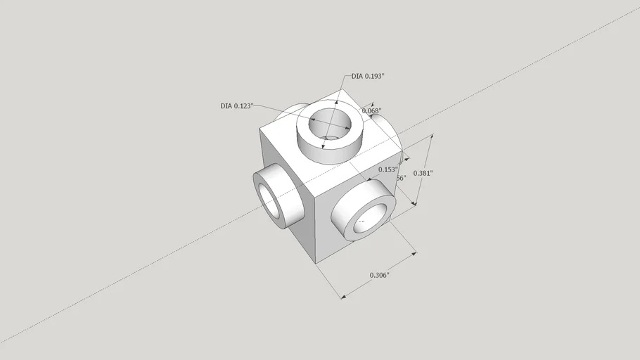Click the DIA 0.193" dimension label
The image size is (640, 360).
click(x=368, y=77)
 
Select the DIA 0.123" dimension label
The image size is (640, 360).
click(x=236, y=106)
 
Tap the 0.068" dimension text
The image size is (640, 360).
click(x=371, y=111)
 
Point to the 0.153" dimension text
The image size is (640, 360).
click(x=388, y=169)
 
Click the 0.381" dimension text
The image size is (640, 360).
click(x=423, y=173)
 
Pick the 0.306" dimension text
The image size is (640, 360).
click(x=379, y=275)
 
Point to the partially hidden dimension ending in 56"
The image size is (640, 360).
click(x=401, y=178)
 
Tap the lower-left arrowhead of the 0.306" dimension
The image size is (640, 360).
click(x=344, y=297)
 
